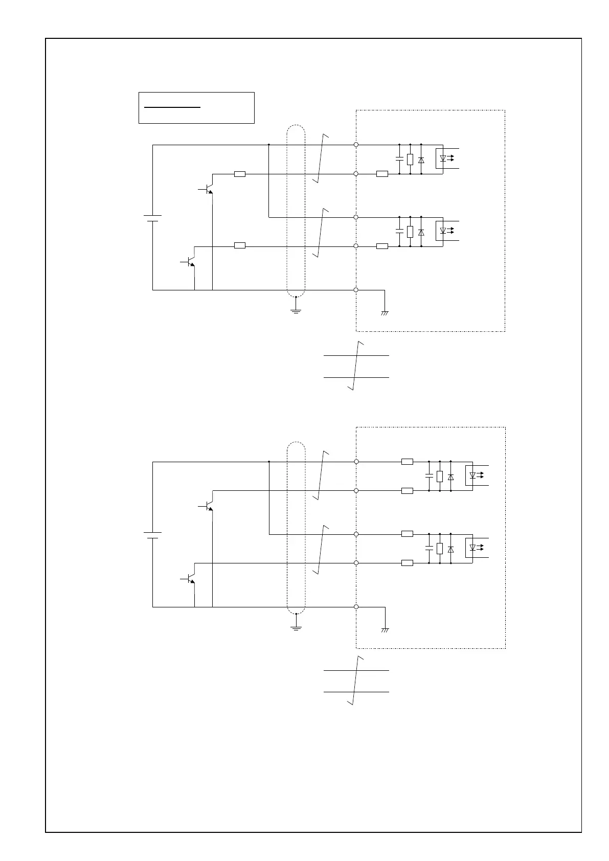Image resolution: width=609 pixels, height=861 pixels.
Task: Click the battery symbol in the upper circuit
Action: tap(152, 218)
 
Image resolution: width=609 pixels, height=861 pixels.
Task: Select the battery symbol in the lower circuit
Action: tap(152, 535)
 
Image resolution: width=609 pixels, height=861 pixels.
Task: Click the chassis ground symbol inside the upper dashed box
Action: tap(385, 312)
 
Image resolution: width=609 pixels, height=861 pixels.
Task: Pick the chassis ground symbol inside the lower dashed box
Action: tap(385, 629)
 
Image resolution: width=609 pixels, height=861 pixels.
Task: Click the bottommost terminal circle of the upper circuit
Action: tap(356, 290)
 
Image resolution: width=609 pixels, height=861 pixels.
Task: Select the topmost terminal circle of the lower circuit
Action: tap(356, 462)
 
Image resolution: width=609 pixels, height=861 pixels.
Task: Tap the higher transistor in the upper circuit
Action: tap(208, 189)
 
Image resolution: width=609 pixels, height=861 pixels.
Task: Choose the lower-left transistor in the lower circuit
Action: tap(190, 578)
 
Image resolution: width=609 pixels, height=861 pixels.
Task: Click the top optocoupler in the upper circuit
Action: tap(443, 158)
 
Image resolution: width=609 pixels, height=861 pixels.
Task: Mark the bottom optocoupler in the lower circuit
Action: tap(472, 548)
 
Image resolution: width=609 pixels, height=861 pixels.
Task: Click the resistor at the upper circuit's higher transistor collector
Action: tap(239, 174)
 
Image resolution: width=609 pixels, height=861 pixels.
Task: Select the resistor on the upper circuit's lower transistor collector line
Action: tap(239, 246)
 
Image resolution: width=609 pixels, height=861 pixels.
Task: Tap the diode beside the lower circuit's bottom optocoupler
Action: tap(450, 549)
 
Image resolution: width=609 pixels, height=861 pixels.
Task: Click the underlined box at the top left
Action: tap(196, 108)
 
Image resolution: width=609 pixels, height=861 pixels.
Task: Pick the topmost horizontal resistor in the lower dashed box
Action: tap(407, 462)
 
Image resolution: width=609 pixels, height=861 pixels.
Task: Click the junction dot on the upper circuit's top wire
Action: tap(269, 145)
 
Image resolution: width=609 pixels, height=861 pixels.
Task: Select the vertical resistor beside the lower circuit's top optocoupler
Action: tap(440, 477)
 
